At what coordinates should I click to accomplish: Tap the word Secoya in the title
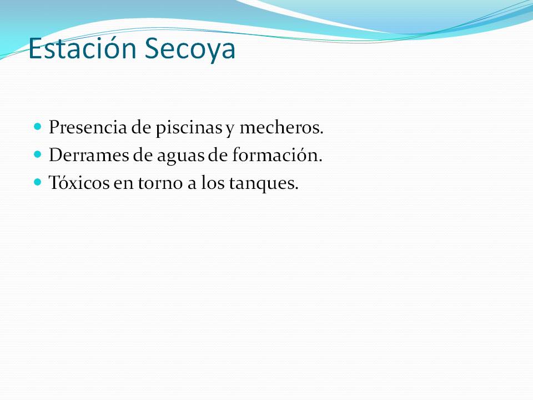pos(190,49)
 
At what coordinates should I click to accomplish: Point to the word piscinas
pos(189,128)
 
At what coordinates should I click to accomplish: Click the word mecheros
pos(281,127)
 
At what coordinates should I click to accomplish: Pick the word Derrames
pos(89,155)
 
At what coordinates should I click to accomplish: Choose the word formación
pos(278,155)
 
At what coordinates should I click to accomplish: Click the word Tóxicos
pos(79,182)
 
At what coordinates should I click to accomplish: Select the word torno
pos(160,183)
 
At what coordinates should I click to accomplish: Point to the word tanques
pos(264,184)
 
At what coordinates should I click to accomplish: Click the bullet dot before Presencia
pos(38,127)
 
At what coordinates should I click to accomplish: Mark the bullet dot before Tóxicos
pos(38,182)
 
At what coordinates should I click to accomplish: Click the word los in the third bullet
pos(213,182)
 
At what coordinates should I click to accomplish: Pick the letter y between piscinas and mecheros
pos(230,129)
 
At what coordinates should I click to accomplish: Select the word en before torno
pos(123,184)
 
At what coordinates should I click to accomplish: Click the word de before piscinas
pos(141,127)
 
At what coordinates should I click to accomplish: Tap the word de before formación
pos(218,155)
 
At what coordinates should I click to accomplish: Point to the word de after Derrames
pos(143,155)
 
